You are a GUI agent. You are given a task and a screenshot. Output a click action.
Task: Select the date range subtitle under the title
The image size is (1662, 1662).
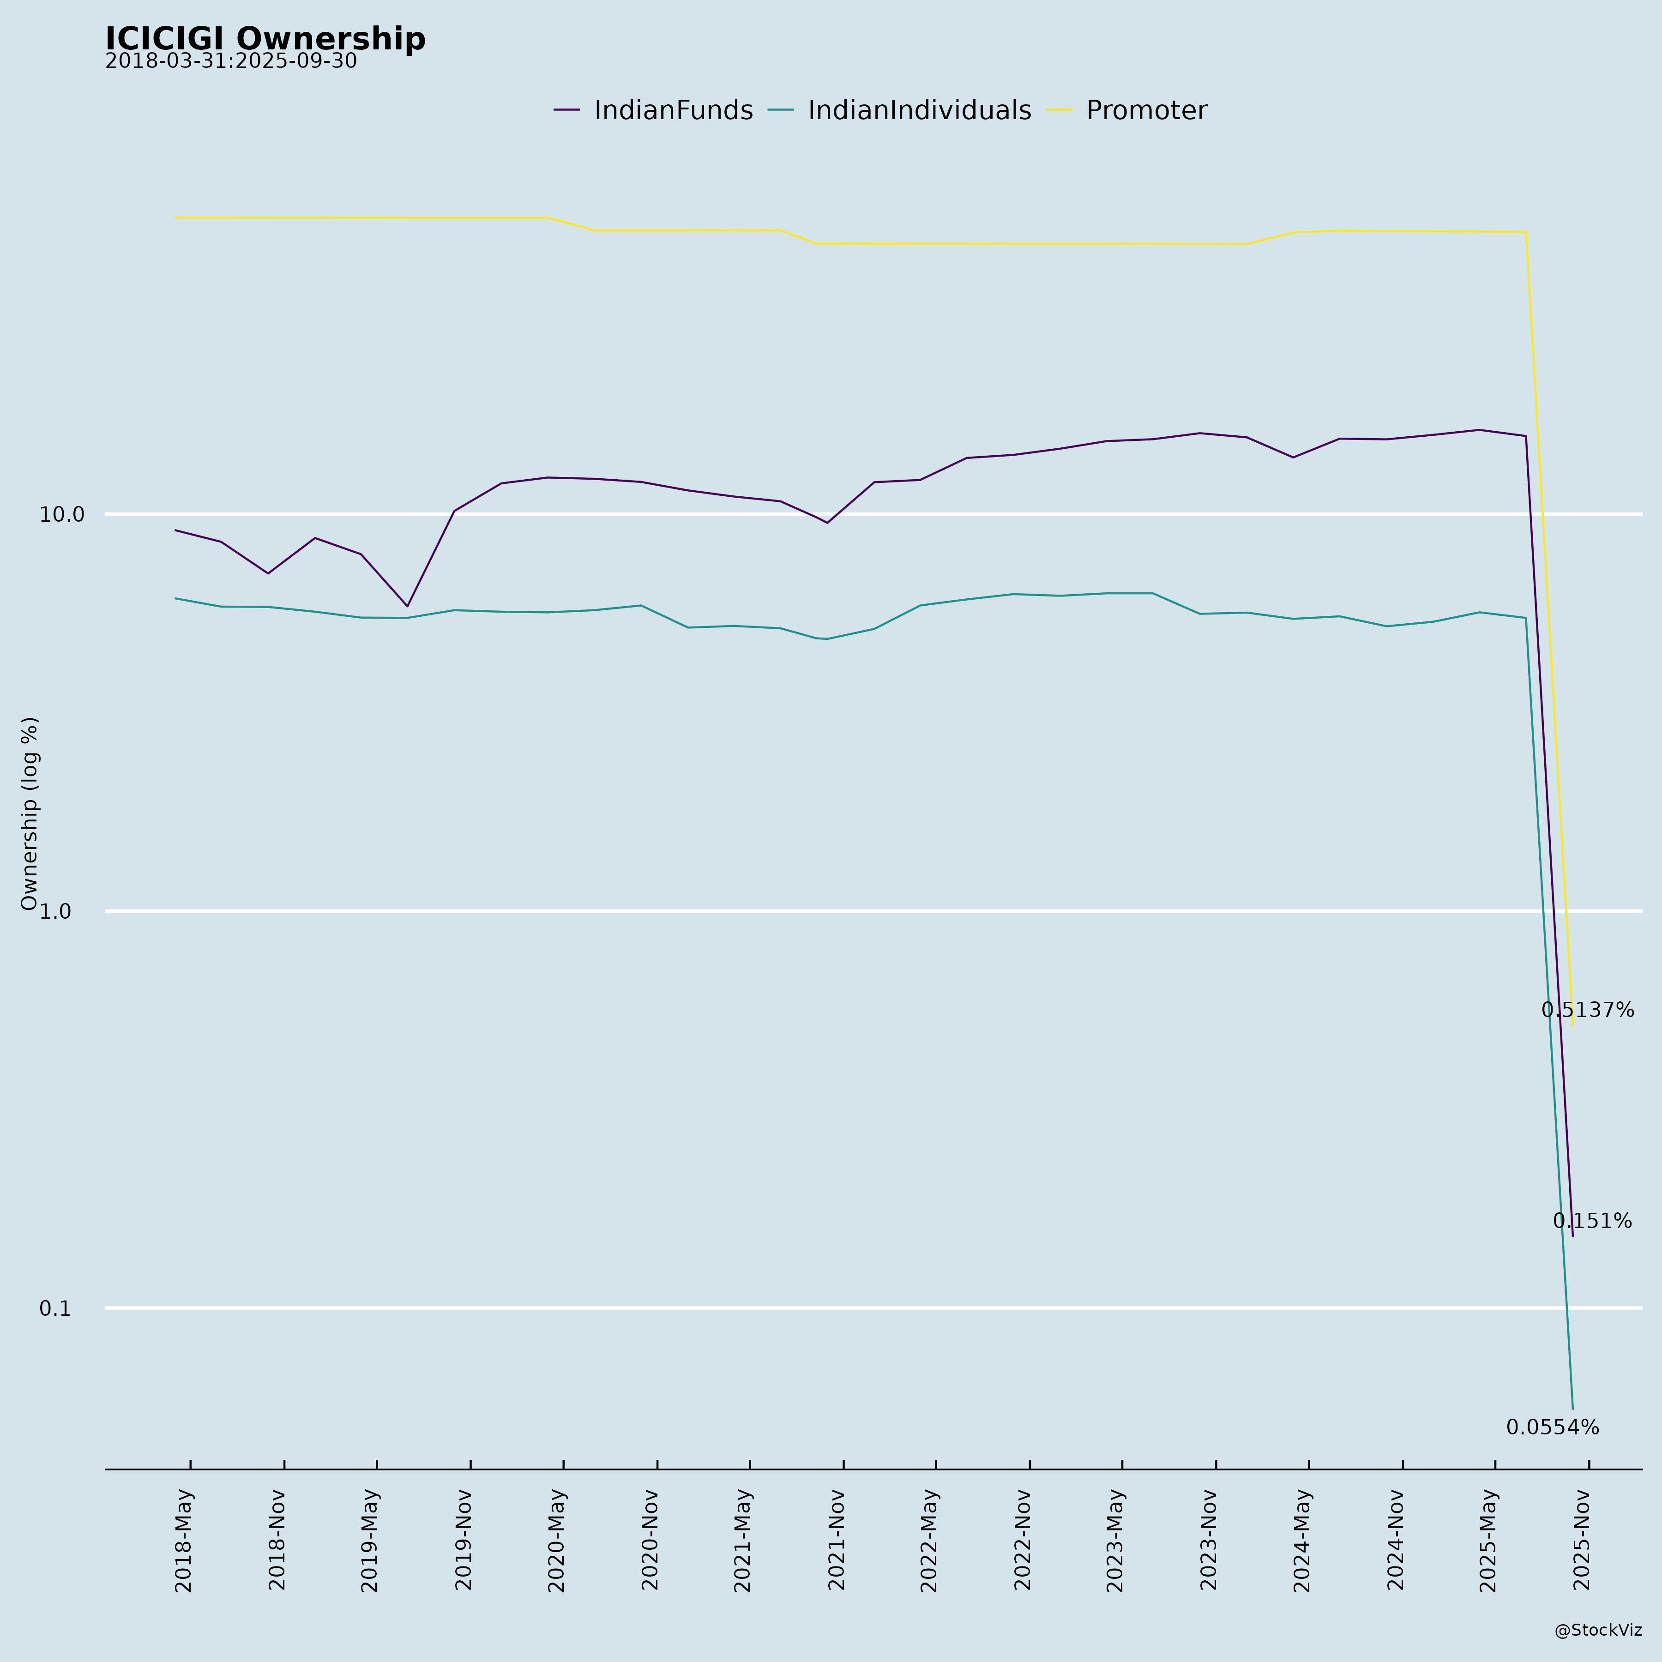pyautogui.click(x=230, y=62)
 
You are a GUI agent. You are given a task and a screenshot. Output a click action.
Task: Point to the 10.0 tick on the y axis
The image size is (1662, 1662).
pyautogui.click(x=62, y=514)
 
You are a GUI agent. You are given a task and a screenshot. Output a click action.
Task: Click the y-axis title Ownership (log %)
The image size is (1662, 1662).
pyautogui.click(x=30, y=813)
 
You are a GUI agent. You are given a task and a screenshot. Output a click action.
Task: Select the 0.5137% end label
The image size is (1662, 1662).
pyautogui.click(x=1587, y=1011)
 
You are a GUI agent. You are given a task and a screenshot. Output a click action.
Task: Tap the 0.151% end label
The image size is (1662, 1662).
pyautogui.click(x=1591, y=1222)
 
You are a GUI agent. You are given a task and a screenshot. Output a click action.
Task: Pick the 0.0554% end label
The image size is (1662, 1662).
pyautogui.click(x=1553, y=1428)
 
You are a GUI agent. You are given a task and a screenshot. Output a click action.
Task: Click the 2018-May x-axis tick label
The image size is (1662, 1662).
pyautogui.click(x=184, y=1540)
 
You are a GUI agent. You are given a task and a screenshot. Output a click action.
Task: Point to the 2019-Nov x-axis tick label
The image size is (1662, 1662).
pyautogui.click(x=464, y=1540)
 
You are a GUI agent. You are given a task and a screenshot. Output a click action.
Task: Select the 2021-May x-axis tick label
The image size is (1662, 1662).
pyautogui.click(x=743, y=1540)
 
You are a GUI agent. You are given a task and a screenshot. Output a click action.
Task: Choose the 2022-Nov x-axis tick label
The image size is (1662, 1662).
pyautogui.click(x=1023, y=1540)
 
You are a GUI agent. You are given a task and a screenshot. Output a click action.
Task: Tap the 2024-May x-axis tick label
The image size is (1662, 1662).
pyautogui.click(x=1302, y=1540)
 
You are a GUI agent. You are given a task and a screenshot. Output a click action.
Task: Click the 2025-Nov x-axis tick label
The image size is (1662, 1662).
pyautogui.click(x=1582, y=1540)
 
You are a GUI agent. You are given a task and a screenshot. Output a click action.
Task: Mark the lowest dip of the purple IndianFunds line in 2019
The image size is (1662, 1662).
pyautogui.click(x=407, y=607)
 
